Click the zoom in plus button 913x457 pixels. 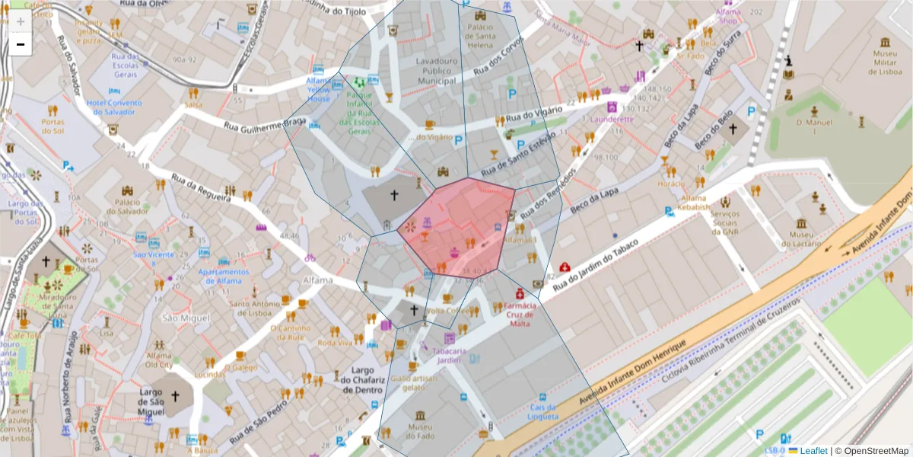pos(21,21)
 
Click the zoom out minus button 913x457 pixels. pos(21,44)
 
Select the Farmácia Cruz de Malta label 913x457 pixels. pos(520,314)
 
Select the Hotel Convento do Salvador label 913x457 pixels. pos(114,107)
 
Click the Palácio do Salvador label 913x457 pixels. pos(126,207)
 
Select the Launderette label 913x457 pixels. pos(611,120)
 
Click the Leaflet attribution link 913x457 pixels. pos(813,451)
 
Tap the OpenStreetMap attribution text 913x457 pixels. pos(874,451)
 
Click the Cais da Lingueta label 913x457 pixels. pos(543,412)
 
